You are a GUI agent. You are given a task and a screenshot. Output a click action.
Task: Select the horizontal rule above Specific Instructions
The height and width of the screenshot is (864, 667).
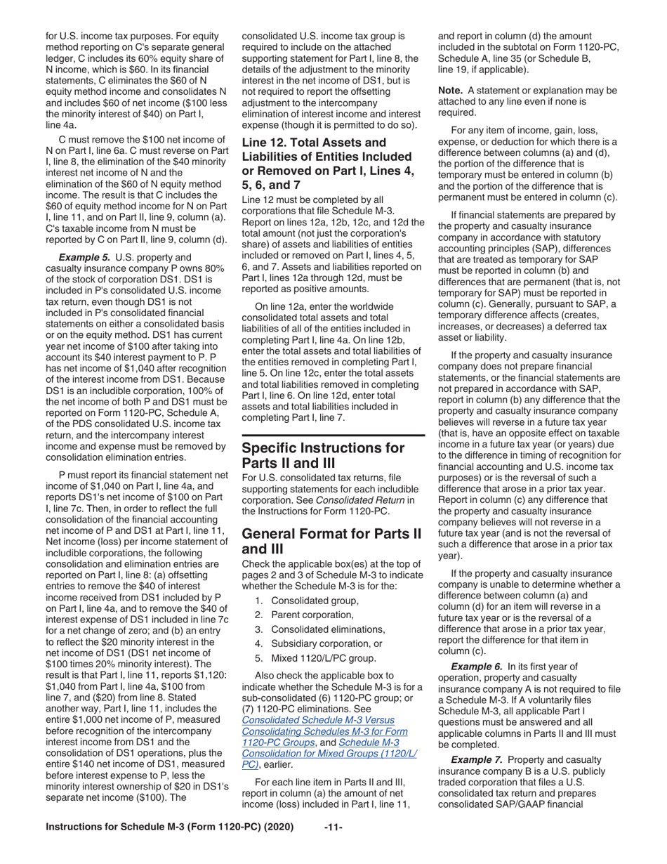(333, 436)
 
